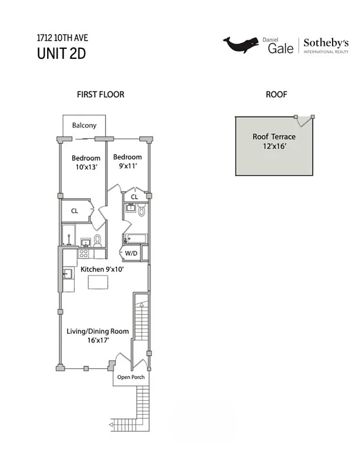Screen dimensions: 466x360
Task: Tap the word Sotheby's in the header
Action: tap(326, 43)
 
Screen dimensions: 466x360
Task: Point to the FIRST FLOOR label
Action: tap(101, 94)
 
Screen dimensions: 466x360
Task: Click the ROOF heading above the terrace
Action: tap(277, 94)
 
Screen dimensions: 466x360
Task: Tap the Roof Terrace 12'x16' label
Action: tap(274, 142)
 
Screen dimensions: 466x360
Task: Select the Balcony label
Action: tap(84, 125)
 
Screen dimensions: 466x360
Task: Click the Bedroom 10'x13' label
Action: tap(86, 163)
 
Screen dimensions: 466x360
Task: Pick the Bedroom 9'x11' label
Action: tap(128, 161)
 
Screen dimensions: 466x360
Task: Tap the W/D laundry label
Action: tap(130, 253)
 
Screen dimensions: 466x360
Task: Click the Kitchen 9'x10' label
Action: tap(103, 269)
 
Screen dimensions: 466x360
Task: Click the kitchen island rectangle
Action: tap(98, 282)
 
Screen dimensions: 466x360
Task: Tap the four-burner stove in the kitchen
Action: tap(83, 253)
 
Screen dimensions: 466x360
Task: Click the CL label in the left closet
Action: tap(75, 211)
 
